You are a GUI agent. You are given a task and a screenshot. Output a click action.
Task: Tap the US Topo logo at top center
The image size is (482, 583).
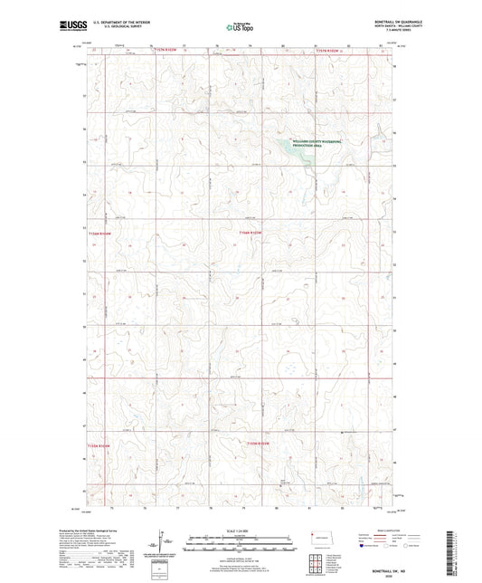pos(240,27)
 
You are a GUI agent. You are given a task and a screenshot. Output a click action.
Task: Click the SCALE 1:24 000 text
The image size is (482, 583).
pos(240,530)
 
